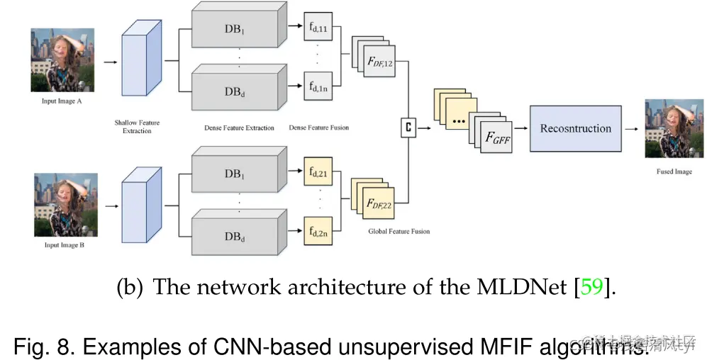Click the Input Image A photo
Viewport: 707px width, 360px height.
62,60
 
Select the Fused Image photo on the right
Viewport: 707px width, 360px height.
668,128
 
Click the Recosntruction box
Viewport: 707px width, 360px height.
575,128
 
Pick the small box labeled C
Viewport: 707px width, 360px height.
408,128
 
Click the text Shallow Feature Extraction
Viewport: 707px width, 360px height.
137,126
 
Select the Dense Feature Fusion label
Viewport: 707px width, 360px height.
318,128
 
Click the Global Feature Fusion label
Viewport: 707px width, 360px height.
399,231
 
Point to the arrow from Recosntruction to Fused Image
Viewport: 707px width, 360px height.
631,128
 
